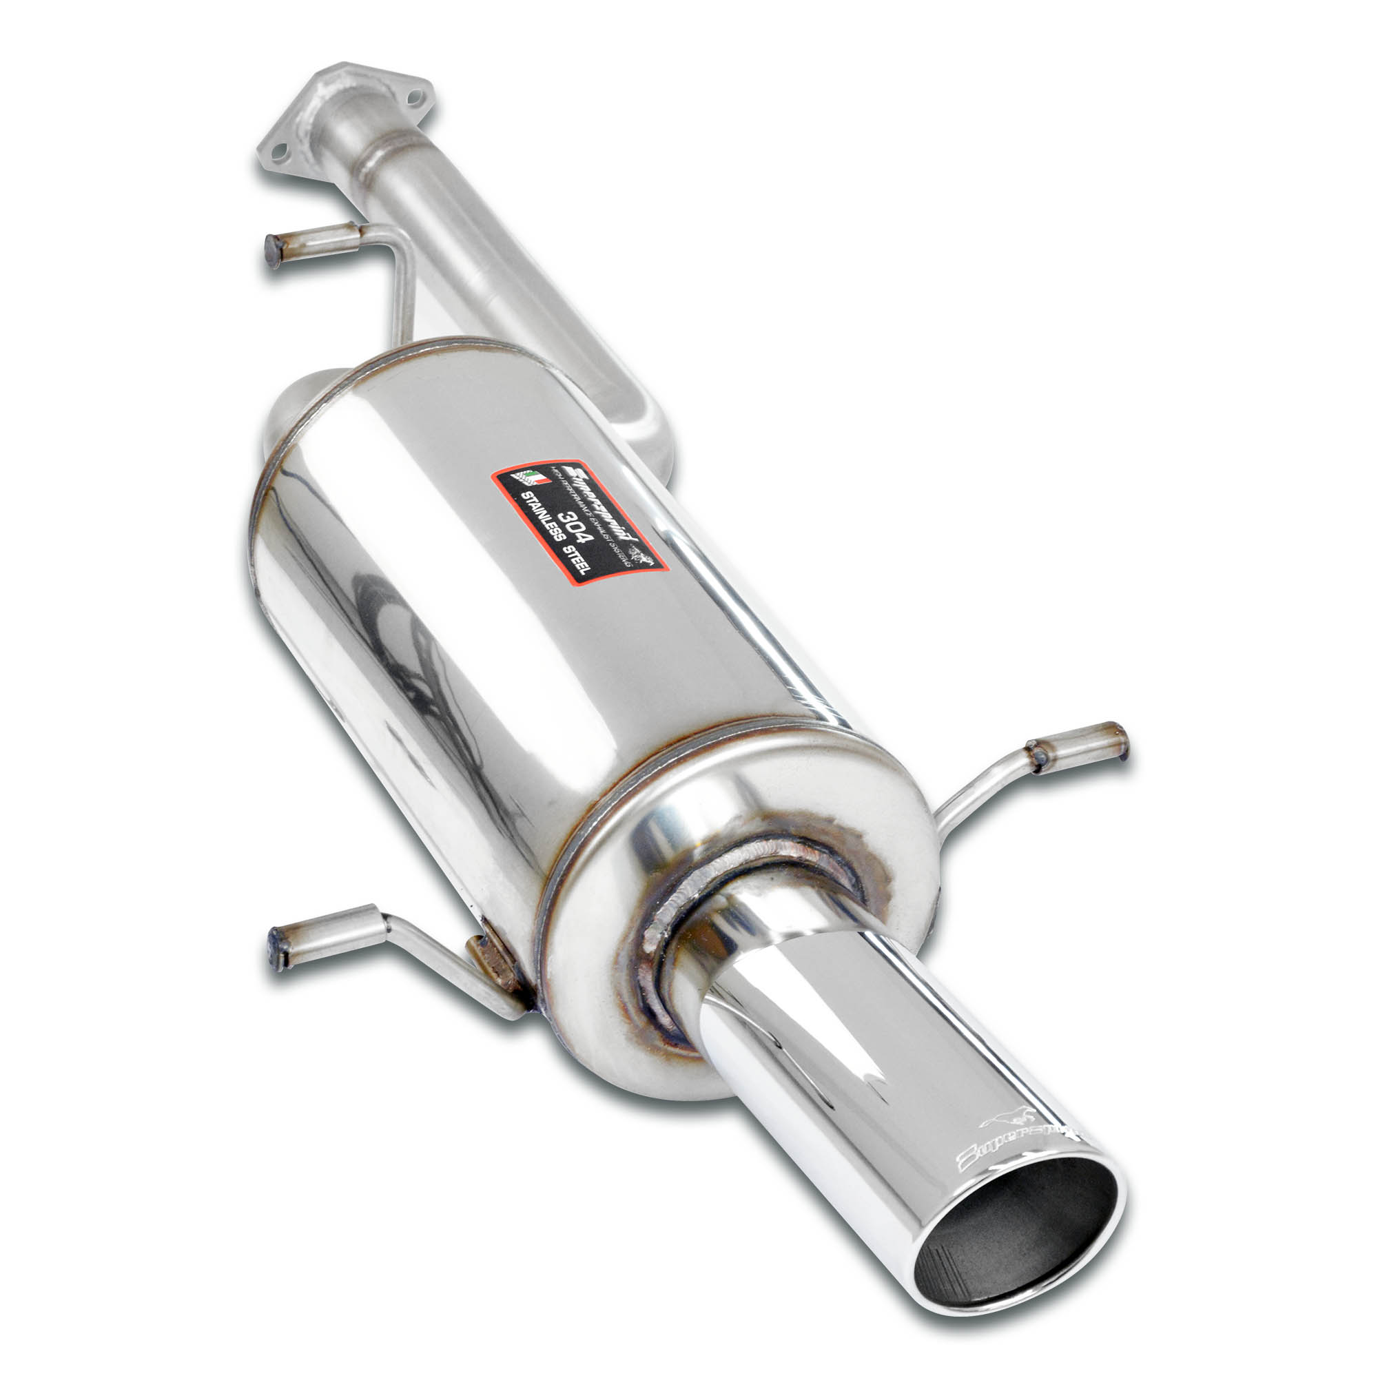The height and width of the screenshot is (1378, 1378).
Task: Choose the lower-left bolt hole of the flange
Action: [x=280, y=150]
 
